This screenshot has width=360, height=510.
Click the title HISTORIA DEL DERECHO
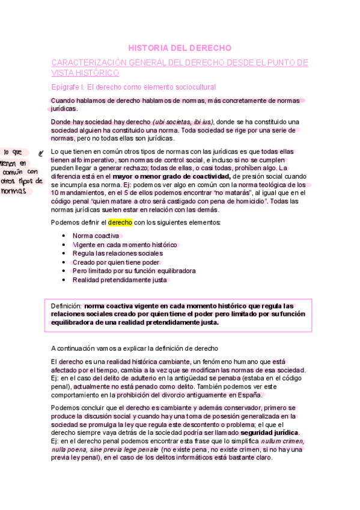click(x=180, y=48)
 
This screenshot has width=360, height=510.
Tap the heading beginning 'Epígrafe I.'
click(x=129, y=87)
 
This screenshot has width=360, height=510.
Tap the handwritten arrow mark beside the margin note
click(x=41, y=153)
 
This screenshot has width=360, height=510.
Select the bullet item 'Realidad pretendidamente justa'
click(x=120, y=280)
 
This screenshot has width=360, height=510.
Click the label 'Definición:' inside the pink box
click(x=66, y=306)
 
